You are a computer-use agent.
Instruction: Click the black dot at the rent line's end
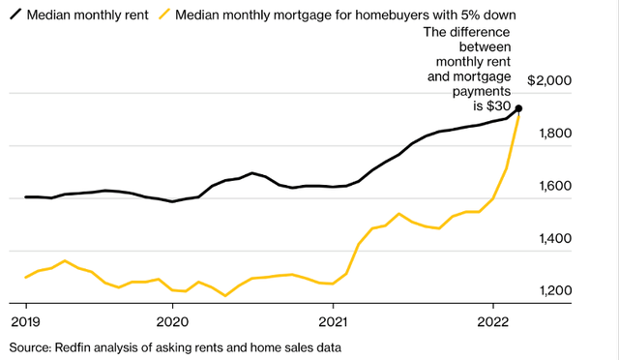[519, 108]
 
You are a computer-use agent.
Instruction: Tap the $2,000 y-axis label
[552, 80]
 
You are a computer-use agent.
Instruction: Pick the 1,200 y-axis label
[557, 290]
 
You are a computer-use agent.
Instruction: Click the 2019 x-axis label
[25, 320]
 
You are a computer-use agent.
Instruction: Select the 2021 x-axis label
[333, 320]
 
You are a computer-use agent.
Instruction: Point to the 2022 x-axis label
[493, 320]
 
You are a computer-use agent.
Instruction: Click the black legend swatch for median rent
[17, 15]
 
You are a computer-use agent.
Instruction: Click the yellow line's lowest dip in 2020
[225, 295]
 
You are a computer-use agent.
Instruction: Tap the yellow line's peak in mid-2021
[398, 214]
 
